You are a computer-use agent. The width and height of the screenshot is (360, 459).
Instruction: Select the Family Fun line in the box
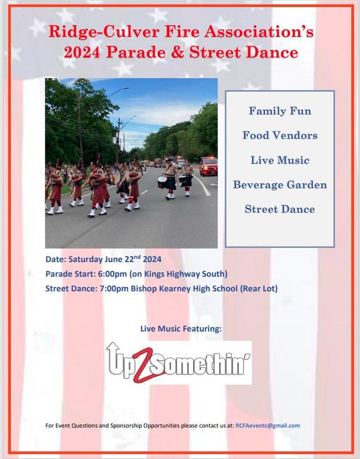280,111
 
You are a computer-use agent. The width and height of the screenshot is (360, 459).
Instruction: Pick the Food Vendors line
280,135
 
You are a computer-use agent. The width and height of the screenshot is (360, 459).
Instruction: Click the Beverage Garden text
280,185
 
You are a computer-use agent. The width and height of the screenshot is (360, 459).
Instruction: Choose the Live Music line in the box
280,160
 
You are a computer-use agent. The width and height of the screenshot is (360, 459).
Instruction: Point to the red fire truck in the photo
208,166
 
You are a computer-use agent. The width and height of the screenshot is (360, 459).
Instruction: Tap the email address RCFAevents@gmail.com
268,426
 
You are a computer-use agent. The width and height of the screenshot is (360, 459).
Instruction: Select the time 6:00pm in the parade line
113,274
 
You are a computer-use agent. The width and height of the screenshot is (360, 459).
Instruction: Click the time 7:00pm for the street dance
114,289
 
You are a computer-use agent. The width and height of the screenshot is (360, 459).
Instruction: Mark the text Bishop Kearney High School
184,289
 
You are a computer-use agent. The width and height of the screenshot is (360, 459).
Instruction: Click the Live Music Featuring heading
181,329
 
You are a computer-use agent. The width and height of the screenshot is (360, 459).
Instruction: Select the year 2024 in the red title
82,53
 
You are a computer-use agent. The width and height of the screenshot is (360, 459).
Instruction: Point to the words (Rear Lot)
258,289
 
